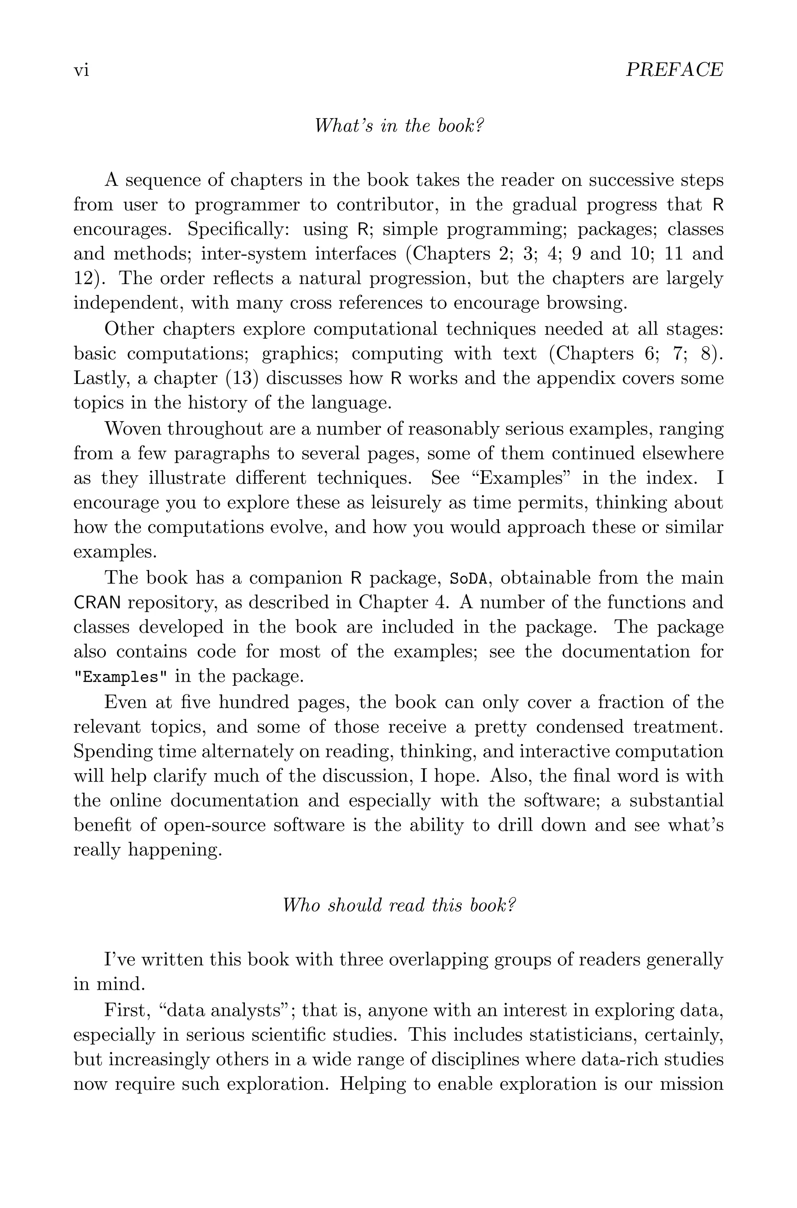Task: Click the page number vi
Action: click(81, 70)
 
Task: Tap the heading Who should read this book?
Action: click(398, 905)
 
